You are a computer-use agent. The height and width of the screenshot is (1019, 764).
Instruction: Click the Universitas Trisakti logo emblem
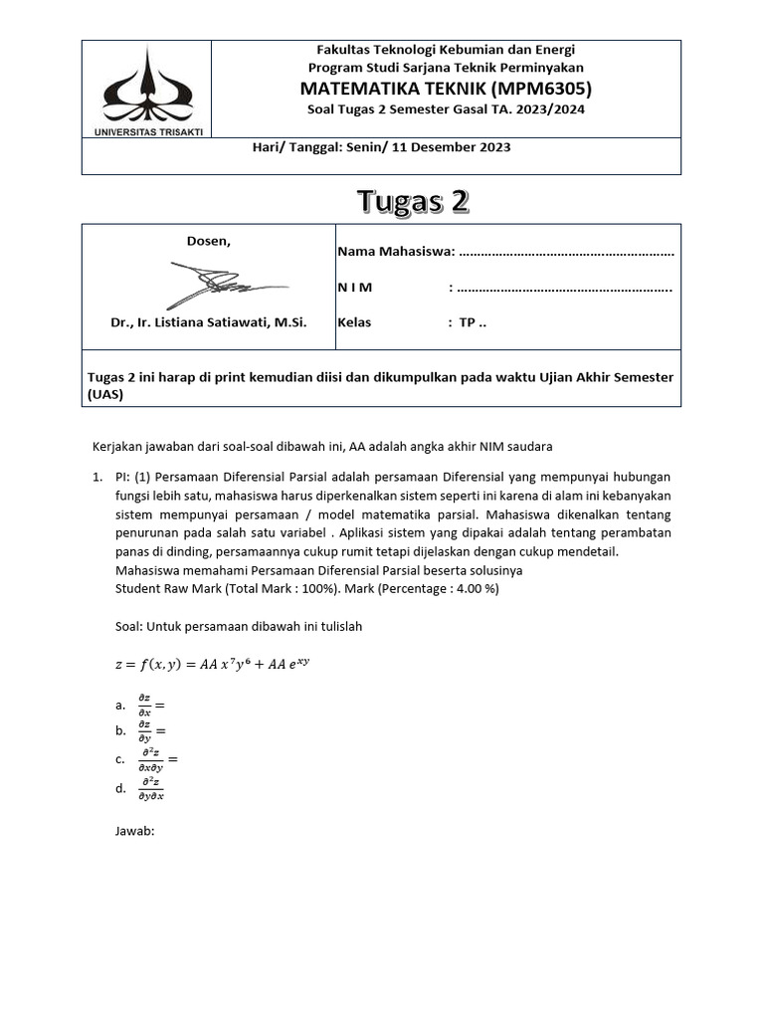[147, 84]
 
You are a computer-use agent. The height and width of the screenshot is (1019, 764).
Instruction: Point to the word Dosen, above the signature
[209, 241]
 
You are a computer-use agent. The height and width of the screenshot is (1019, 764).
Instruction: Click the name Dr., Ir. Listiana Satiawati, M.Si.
[209, 322]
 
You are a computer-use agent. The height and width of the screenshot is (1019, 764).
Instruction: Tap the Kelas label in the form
[355, 322]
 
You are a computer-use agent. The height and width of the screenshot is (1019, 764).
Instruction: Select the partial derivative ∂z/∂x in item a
[144, 706]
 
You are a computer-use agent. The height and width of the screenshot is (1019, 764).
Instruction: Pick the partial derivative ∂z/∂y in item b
[144, 731]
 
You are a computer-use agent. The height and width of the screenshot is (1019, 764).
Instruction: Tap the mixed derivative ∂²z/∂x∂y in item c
[151, 760]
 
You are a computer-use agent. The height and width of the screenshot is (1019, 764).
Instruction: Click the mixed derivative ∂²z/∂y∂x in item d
[151, 789]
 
